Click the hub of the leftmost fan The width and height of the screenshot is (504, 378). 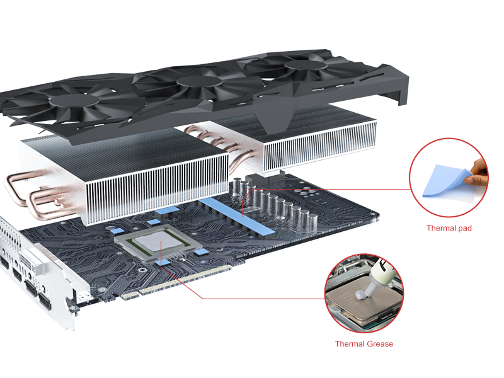(74, 100)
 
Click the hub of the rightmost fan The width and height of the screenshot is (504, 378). (306, 66)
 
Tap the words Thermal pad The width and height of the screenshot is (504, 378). (449, 228)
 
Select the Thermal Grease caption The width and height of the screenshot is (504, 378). (364, 344)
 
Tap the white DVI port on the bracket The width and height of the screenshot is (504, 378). (31, 261)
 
